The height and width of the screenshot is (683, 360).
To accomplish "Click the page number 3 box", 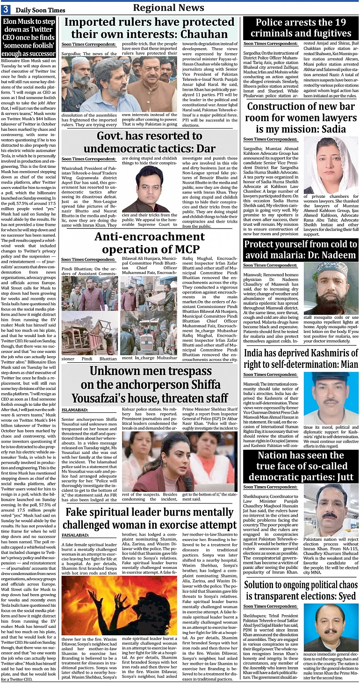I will coord(6,10).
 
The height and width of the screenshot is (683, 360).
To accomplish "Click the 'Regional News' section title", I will coord(168,7).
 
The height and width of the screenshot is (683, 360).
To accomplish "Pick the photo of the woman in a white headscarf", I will coord(331,166).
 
